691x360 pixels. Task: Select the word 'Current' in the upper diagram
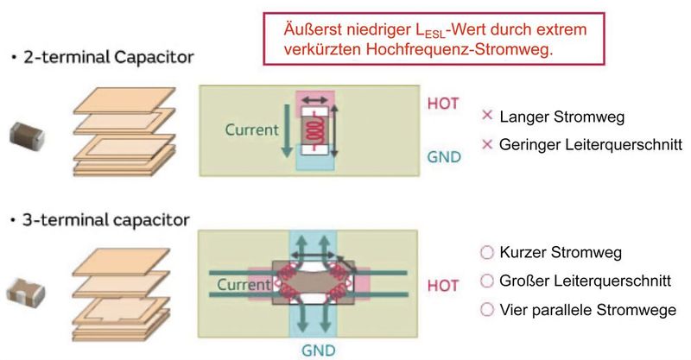[x=251, y=131]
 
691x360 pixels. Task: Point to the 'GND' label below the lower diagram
[x=318, y=351]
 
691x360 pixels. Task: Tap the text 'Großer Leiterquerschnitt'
[x=578, y=281]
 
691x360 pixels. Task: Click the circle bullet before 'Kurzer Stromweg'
[x=485, y=253]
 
